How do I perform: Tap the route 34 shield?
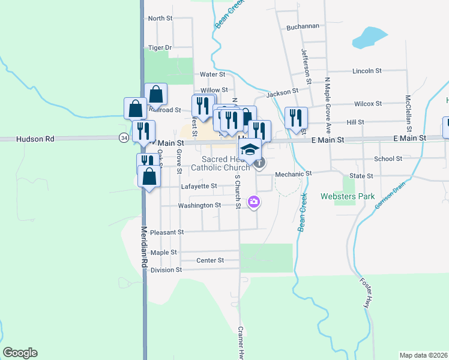pos(123,138)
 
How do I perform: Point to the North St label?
pos(160,19)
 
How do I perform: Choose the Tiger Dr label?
pos(160,47)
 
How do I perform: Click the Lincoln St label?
pos(367,71)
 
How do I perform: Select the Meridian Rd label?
pos(145,246)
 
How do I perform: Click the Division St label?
pos(166,270)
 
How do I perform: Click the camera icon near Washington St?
pos(254,202)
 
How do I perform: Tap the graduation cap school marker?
pos(252,148)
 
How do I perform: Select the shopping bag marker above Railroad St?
pos(155,94)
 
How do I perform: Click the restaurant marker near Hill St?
pos(295,117)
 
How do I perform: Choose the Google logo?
pos(20,353)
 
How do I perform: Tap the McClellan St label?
pos(408,113)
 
